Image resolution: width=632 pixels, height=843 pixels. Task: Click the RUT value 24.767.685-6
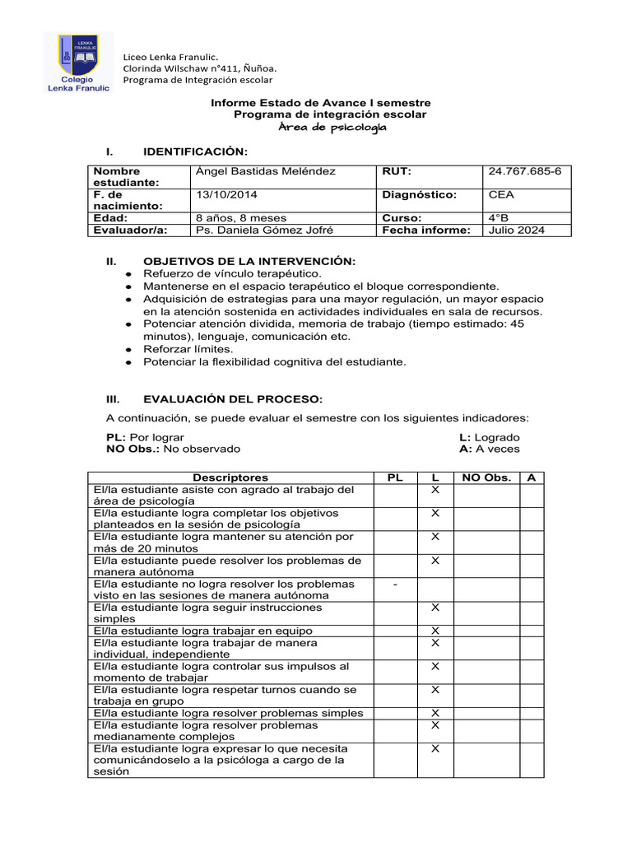(524, 171)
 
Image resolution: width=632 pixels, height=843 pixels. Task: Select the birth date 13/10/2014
(221, 195)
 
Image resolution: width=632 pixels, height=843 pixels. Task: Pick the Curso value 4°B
(499, 218)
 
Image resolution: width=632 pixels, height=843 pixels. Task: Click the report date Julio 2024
(516, 231)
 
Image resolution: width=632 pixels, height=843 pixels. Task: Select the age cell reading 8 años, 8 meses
(241, 218)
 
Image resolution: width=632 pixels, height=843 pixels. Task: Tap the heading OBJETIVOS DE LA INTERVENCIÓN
(249, 261)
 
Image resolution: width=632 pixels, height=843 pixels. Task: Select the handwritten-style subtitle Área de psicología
(331, 128)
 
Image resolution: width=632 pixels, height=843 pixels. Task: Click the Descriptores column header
(230, 477)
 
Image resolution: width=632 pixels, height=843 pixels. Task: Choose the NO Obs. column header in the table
(486, 477)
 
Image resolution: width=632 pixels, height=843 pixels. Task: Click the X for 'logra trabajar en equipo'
(436, 631)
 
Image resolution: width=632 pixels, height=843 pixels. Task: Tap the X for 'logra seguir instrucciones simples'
(436, 608)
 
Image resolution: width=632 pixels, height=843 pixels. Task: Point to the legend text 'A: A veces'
(489, 449)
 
